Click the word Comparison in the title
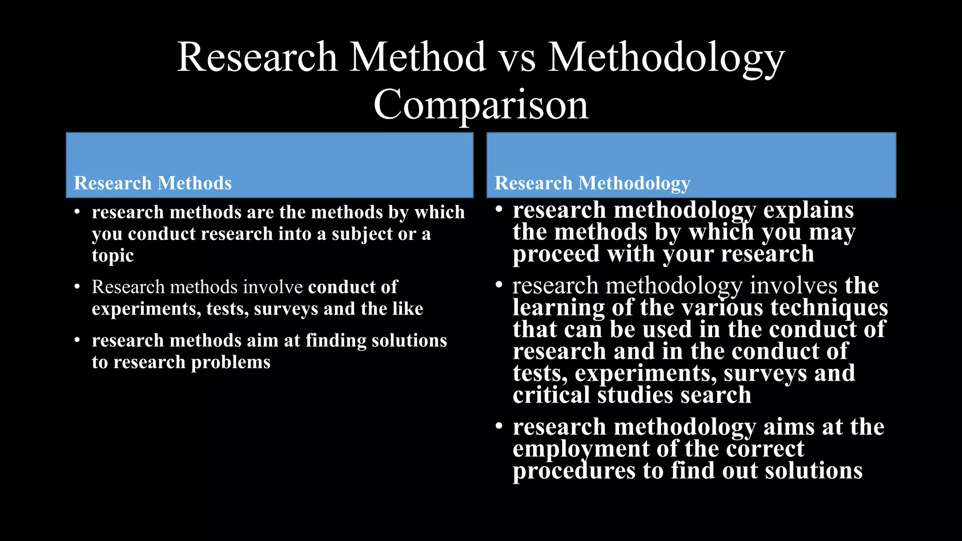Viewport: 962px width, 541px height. point(481,104)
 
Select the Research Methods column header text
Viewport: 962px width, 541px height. point(153,183)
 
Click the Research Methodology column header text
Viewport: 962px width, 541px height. point(592,183)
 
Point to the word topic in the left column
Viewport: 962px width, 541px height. point(113,255)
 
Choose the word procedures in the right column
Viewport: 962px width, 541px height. point(574,471)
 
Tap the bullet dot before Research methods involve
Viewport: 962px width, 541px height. point(78,287)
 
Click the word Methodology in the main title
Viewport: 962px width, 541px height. point(666,57)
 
